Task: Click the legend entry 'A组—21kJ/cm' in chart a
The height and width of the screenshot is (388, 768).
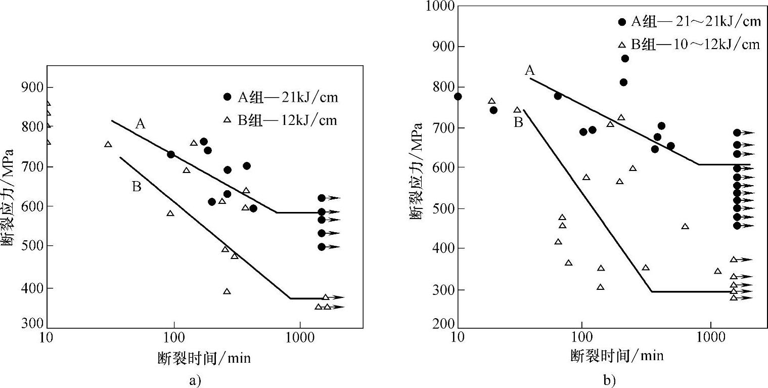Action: point(280,97)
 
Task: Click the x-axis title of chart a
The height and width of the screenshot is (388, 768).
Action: point(204,358)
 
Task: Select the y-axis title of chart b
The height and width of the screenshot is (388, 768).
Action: point(416,166)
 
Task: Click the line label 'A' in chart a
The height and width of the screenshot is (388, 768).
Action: point(141,123)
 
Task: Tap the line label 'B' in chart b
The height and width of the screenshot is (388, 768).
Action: point(518,122)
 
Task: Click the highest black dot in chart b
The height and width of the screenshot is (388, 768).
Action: point(625,59)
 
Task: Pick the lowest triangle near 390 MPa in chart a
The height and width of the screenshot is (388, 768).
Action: point(227,291)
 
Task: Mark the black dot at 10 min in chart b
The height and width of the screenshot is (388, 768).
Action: point(458,97)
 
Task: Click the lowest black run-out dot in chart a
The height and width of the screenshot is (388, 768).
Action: point(322,247)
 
